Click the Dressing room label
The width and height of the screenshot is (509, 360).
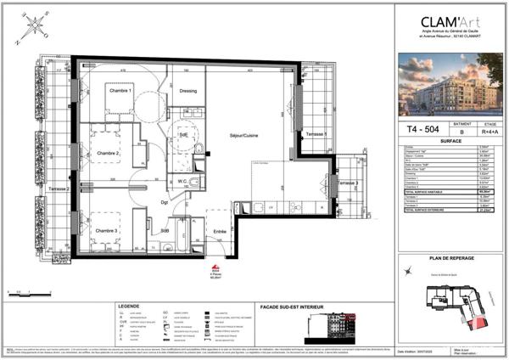(188, 88)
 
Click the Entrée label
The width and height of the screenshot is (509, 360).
(219, 231)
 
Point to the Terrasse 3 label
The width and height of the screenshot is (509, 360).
(345, 183)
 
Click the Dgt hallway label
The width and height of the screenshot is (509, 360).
(166, 202)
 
